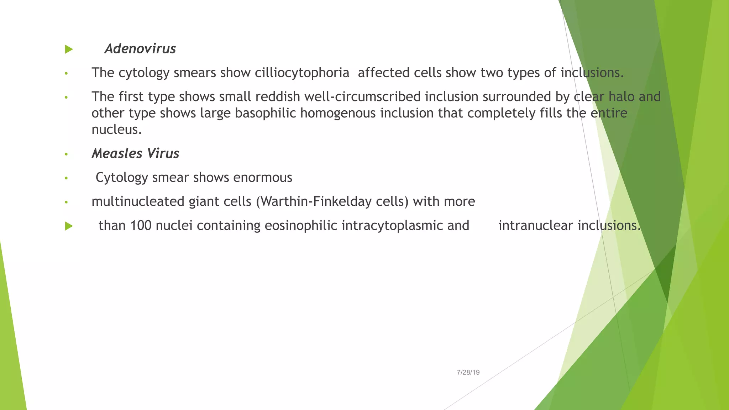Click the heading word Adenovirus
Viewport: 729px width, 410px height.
[140, 49]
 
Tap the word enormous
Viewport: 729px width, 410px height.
[262, 177]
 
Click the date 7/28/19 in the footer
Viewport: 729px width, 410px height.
[468, 372]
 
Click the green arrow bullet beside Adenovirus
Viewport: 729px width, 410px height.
[69, 49]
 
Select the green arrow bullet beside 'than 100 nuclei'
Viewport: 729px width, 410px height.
[69, 226]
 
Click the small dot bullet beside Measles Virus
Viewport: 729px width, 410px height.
[66, 154]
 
